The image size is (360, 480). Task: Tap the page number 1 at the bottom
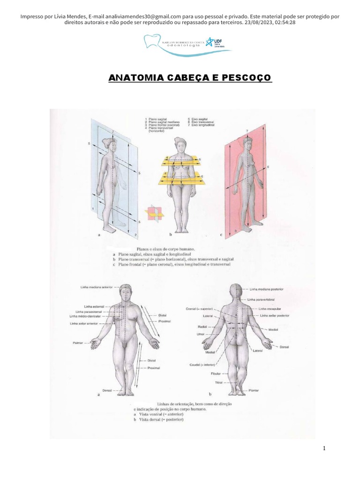pyautogui.click(x=324, y=449)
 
